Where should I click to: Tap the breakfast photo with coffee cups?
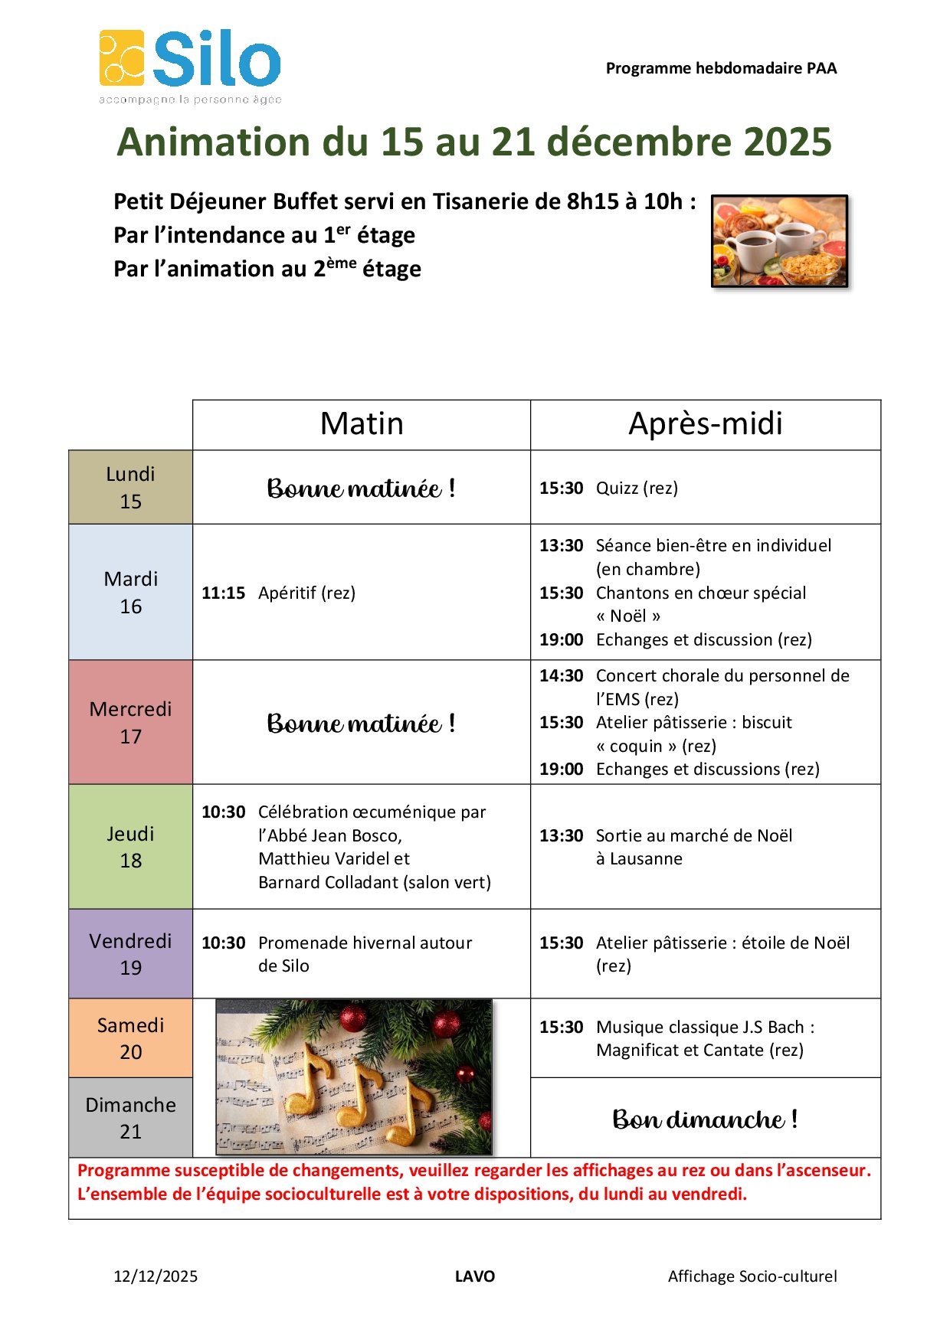tap(779, 241)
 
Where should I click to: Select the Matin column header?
tap(362, 424)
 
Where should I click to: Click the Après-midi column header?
tap(705, 424)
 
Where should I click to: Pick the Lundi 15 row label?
tap(130, 487)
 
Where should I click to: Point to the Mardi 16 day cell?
tap(130, 592)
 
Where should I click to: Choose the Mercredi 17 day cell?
tap(130, 722)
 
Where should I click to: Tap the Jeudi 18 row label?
tap(130, 846)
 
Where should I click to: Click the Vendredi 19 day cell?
tap(130, 953)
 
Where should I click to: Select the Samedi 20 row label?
tap(130, 1037)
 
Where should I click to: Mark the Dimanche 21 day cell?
tap(130, 1117)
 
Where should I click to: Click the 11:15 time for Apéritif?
tap(223, 593)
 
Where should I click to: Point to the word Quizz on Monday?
tap(617, 489)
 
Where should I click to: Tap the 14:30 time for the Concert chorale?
tap(561, 676)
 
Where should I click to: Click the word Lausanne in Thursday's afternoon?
tap(646, 859)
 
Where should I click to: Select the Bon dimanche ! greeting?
tap(705, 1119)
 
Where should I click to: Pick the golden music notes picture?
tap(354, 1077)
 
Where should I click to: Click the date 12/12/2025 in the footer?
tap(156, 1276)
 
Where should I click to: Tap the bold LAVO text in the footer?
tap(474, 1276)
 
